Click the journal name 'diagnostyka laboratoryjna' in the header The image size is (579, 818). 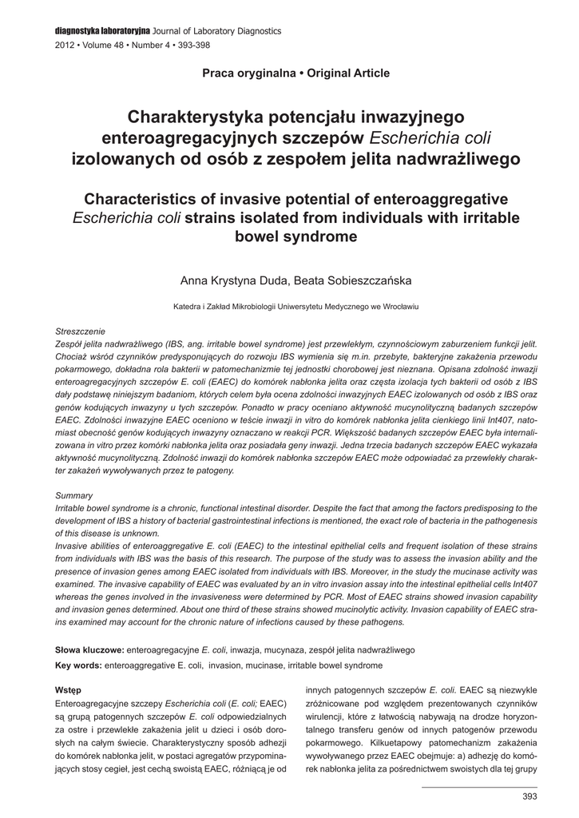coord(103,30)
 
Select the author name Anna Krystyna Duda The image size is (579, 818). coord(236,280)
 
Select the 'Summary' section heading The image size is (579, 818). coord(74,496)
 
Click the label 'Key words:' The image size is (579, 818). coord(78,665)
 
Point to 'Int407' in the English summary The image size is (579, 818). coord(523,584)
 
